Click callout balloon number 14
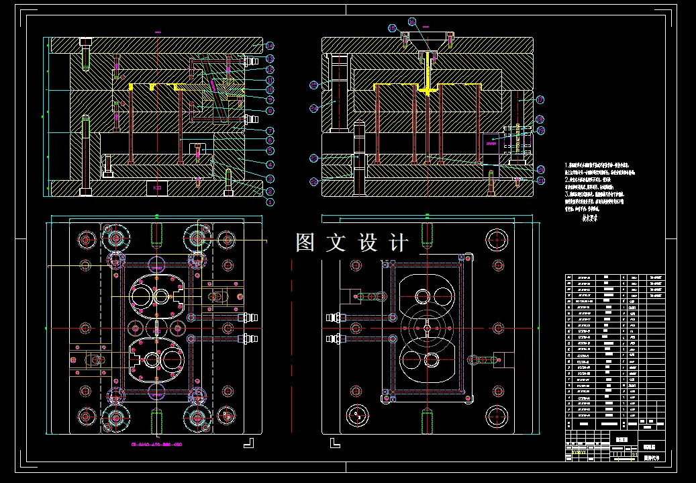(269, 46)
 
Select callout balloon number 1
(269, 201)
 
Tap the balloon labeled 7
(269, 130)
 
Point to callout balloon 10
(269, 89)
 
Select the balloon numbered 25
(314, 85)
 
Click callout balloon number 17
(540, 99)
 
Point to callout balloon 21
(541, 180)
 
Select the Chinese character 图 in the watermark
(305, 243)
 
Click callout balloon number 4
(269, 164)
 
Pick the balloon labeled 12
(269, 69)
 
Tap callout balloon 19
(540, 130)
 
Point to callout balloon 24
(314, 107)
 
